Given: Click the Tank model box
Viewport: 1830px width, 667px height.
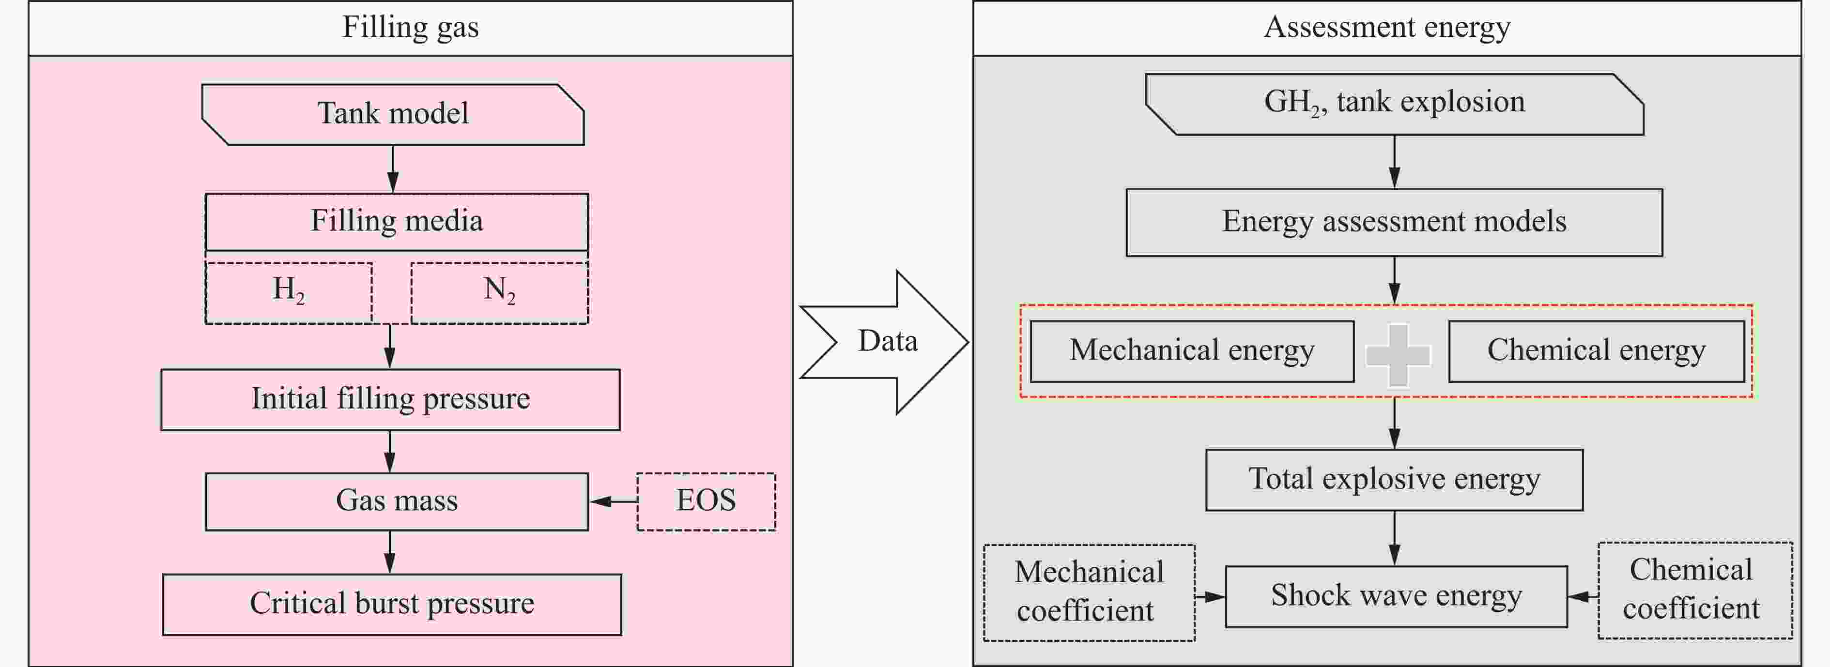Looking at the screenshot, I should (393, 114).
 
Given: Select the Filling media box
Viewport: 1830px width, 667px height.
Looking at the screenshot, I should (397, 222).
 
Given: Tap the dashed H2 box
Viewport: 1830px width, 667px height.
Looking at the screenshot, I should (289, 293).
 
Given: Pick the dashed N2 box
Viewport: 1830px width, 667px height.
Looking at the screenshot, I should (499, 293).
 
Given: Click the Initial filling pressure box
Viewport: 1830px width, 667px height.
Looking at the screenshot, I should (390, 399).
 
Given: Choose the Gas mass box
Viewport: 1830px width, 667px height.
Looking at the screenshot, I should (397, 501).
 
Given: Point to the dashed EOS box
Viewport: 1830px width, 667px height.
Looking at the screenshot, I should (706, 501).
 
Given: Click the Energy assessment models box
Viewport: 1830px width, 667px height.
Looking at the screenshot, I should (1394, 222).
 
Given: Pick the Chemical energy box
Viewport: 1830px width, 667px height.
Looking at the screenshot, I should (1596, 351).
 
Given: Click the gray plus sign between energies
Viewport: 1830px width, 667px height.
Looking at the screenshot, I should (1398, 355).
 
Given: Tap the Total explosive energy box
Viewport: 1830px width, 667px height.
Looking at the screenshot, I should (1394, 480).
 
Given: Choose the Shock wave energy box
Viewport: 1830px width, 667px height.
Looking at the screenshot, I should (1396, 596).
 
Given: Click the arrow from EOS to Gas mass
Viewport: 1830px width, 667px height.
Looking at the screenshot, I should (613, 501).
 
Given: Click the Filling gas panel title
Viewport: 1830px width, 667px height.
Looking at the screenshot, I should (411, 28).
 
